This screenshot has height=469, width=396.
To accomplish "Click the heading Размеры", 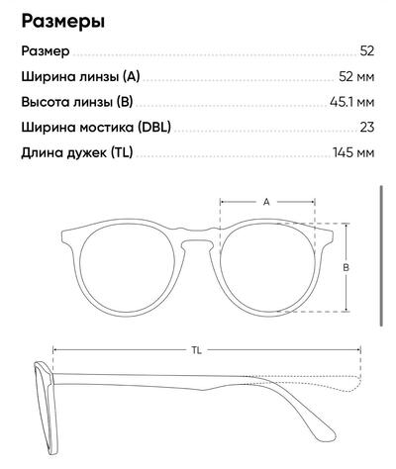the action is pyautogui.click(x=63, y=22).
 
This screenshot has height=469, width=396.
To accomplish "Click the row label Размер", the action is pyautogui.click(x=46, y=51).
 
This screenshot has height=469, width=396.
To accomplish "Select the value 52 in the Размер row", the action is pyautogui.click(x=367, y=51).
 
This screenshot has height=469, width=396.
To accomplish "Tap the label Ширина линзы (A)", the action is pyautogui.click(x=80, y=77).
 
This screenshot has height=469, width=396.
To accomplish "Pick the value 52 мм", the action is pyautogui.click(x=356, y=77).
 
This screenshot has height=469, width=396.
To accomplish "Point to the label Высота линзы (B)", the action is pyautogui.click(x=77, y=102).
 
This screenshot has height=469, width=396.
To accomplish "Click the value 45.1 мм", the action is pyautogui.click(x=352, y=102).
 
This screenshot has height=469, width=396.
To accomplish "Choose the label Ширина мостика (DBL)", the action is pyautogui.click(x=96, y=128).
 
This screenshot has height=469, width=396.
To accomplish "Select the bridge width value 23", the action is pyautogui.click(x=367, y=128).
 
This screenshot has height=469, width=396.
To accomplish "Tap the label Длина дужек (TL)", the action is pyautogui.click(x=77, y=152).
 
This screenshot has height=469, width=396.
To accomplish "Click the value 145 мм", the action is pyautogui.click(x=353, y=152).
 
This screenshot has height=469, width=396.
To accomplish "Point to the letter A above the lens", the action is pyautogui.click(x=266, y=202).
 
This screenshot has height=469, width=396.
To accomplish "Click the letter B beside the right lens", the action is pyautogui.click(x=346, y=267).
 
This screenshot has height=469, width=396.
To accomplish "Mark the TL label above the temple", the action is pyautogui.click(x=197, y=350).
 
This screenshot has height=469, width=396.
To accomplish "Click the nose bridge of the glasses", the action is pyautogui.click(x=197, y=236).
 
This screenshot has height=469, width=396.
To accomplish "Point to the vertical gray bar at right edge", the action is pyautogui.click(x=382, y=256).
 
